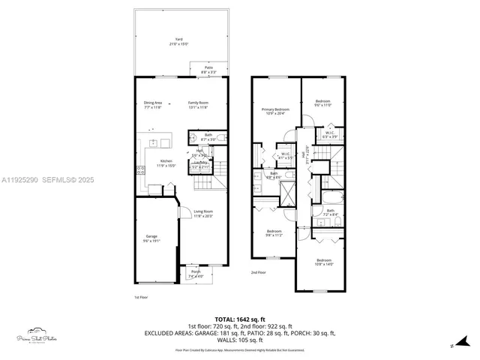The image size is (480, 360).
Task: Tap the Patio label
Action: coord(209,69)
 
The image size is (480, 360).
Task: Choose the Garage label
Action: coord(151,239)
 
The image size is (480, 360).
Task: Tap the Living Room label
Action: coord(203,214)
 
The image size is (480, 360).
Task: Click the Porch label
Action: coord(196,273)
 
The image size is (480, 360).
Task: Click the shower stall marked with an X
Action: coord(287,194)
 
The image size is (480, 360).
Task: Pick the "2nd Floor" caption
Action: coord(259,272)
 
